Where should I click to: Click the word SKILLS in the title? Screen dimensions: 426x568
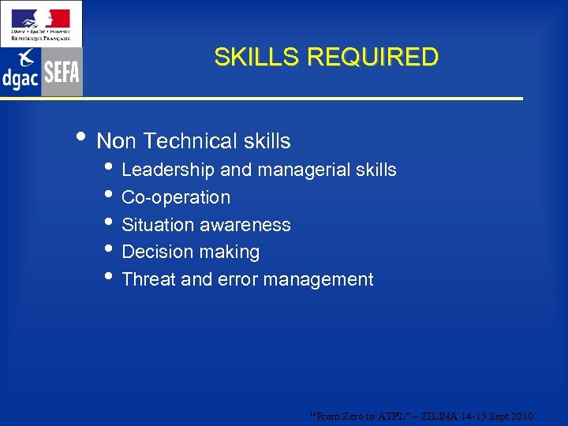point(257,58)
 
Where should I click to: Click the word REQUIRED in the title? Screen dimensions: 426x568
point(372,58)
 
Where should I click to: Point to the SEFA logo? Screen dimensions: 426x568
point(62,73)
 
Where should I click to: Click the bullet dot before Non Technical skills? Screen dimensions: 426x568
point(84,138)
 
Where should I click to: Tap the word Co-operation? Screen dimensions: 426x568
point(176,197)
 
